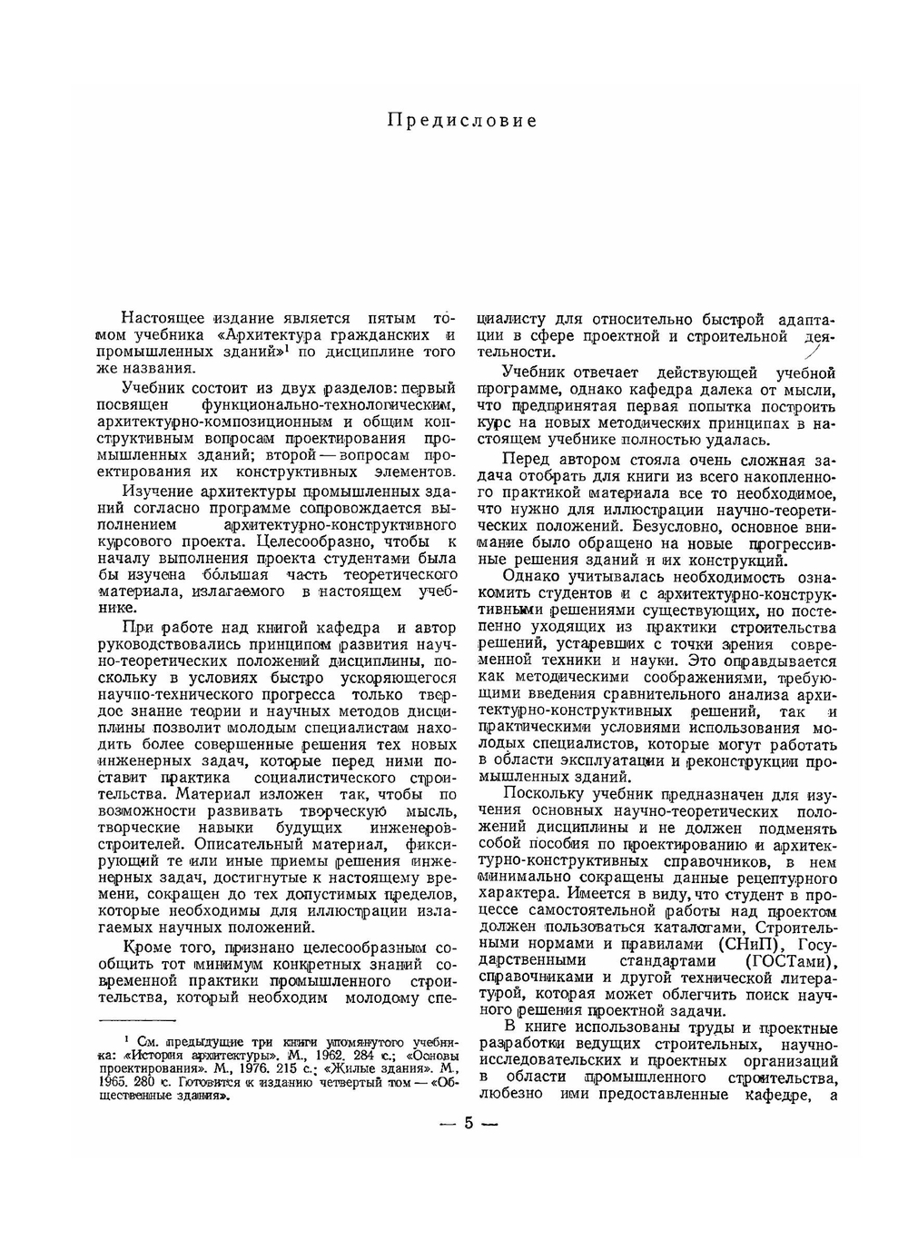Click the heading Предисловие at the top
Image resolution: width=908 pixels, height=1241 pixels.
[x=462, y=120]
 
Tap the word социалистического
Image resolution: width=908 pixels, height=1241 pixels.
[x=326, y=779]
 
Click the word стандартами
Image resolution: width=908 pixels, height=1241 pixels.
[x=666, y=961]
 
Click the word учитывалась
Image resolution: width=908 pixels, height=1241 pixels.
[x=623, y=577]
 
